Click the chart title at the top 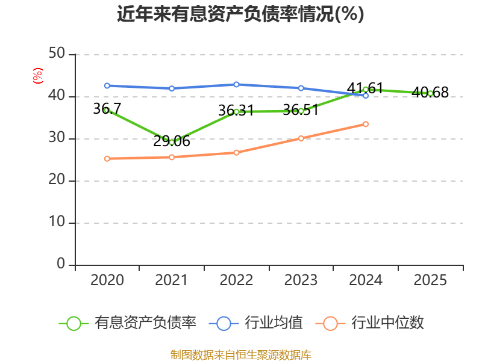[240, 14]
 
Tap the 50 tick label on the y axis [57, 54]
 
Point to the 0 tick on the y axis [61, 264]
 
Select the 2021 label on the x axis [172, 280]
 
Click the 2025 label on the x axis [430, 280]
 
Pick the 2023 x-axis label [301, 280]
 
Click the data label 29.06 [172, 141]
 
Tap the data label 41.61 [365, 88]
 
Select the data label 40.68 [430, 93]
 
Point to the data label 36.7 [107, 109]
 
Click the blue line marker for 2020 [107, 85]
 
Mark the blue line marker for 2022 [236, 84]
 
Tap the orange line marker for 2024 [366, 124]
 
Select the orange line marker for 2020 [107, 159]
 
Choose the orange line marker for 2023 [301, 138]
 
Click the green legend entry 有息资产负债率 [127, 323]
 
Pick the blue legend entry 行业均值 [255, 323]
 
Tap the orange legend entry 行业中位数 [369, 323]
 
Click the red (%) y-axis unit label [38, 76]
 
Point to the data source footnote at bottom [241, 355]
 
